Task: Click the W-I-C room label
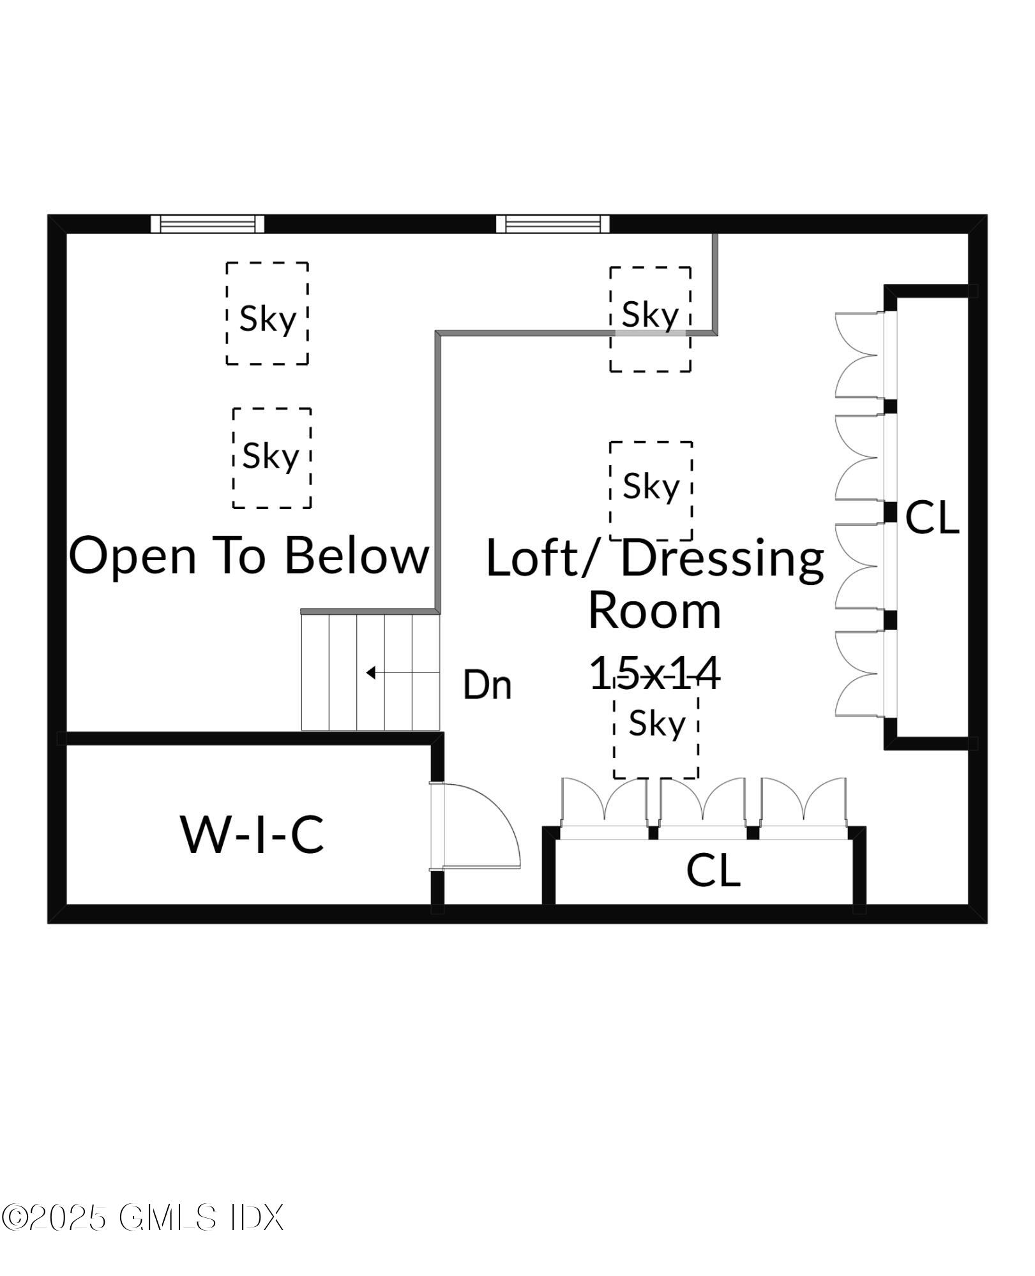point(253,835)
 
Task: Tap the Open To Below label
point(249,555)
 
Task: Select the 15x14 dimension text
point(654,674)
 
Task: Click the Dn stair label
point(487,685)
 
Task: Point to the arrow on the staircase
point(372,672)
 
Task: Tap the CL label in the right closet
point(932,517)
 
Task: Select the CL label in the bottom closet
point(713,870)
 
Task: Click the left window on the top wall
point(208,224)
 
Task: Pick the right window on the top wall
point(553,224)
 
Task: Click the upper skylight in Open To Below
point(267,313)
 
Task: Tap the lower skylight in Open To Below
point(272,458)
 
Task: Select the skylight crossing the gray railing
point(650,319)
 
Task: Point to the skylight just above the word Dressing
point(651,489)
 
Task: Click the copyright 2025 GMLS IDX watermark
point(142,1217)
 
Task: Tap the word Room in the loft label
point(654,611)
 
